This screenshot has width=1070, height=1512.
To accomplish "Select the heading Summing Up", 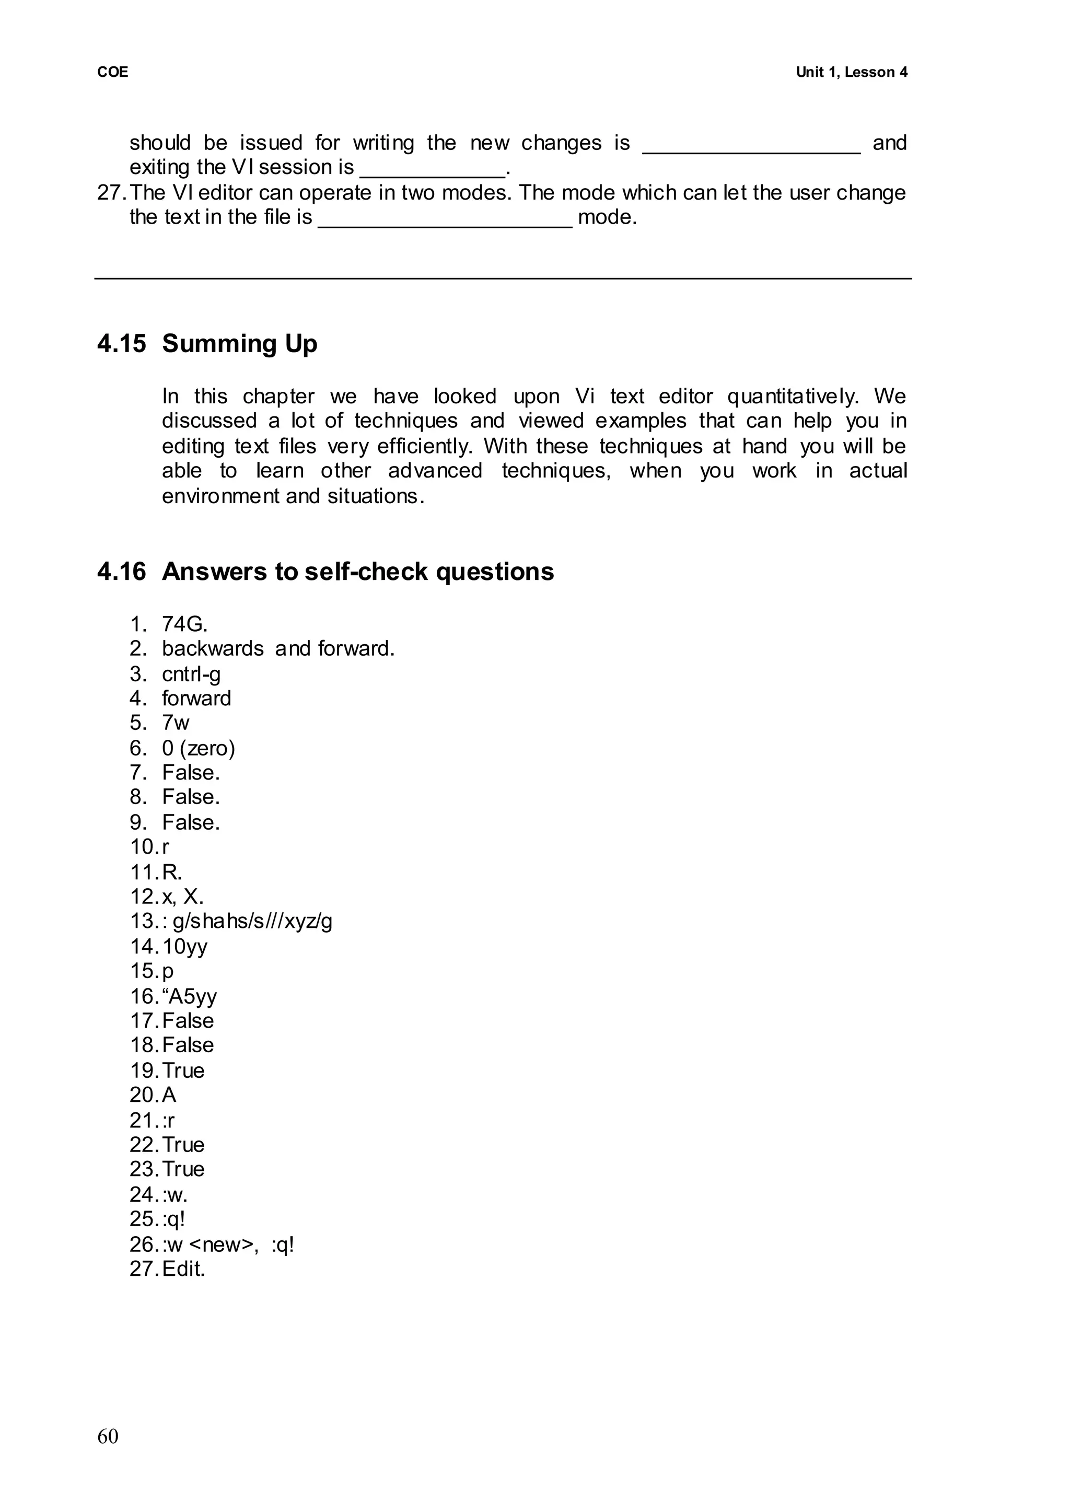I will [239, 344].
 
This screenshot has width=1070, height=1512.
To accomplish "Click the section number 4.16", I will [121, 571].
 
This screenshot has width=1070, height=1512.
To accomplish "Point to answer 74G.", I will [184, 623].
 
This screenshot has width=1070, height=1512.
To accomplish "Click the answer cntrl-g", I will [191, 674].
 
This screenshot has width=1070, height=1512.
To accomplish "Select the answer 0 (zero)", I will [199, 748].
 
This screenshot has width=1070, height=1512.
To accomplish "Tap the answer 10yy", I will [184, 946].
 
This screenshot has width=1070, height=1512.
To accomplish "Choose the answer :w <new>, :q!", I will [228, 1245].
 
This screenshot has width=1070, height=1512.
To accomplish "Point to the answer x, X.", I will [182, 896].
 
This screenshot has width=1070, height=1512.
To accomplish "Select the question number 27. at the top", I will [111, 192].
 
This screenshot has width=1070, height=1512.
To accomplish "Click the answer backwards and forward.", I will [278, 649].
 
